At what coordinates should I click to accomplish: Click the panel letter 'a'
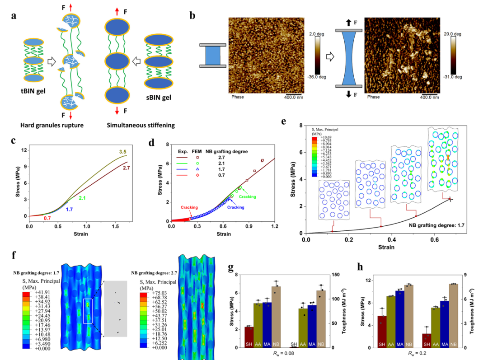pos(14,17)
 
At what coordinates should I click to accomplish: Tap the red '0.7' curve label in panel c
pos(47,219)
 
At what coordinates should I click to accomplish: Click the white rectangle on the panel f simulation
pos(89,311)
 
